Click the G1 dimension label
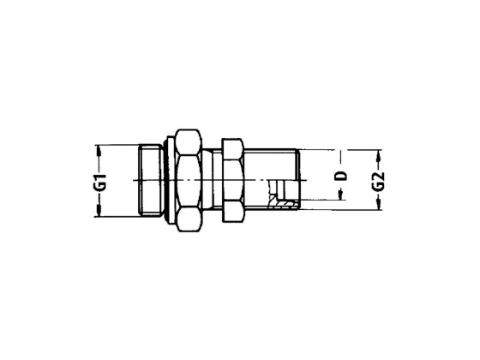[x=102, y=183]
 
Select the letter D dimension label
[x=341, y=176]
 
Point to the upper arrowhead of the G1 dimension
[x=99, y=151]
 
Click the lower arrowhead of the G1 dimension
[x=99, y=211]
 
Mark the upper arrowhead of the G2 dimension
[x=379, y=155]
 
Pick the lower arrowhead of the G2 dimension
[x=379, y=204]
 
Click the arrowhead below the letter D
[x=340, y=195]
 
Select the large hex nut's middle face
[x=189, y=181]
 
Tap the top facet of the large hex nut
[x=189, y=142]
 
